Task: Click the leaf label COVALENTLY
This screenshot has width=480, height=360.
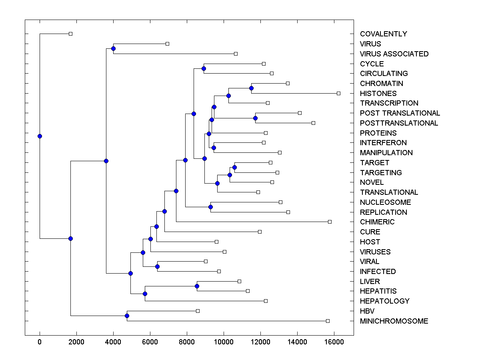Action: tap(383, 34)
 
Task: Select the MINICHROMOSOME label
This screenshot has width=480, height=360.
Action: tap(394, 321)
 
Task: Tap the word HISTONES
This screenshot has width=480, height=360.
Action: tap(378, 94)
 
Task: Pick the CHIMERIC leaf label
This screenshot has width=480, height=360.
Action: tap(377, 222)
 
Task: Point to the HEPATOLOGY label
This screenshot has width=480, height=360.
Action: tap(384, 301)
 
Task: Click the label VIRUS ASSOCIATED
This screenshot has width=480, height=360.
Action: tap(394, 54)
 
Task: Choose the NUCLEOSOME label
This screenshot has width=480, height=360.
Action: tap(385, 202)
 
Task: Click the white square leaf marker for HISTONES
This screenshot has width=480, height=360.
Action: tap(338, 93)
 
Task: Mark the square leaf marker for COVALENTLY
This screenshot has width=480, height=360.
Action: tap(70, 34)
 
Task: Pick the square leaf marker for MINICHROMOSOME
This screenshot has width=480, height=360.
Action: tap(328, 321)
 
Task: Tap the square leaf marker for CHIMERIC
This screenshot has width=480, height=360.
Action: tap(330, 222)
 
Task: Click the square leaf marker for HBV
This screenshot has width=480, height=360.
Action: tap(198, 311)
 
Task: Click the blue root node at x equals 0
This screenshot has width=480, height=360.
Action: tap(40, 136)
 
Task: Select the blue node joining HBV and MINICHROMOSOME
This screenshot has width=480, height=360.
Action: tap(127, 316)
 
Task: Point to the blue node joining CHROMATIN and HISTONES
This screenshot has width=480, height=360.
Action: tap(251, 88)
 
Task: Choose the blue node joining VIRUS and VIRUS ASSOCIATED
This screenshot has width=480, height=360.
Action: tap(113, 48)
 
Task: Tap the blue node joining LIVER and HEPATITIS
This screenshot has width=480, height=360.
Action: tap(197, 286)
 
